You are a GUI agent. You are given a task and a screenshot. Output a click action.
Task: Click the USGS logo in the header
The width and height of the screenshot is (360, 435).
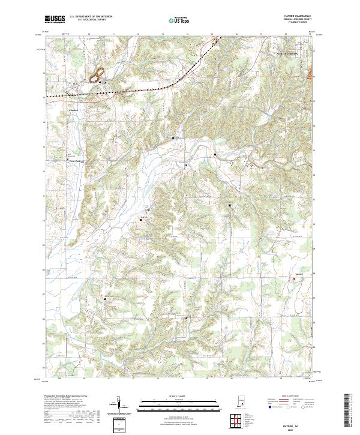[55, 19]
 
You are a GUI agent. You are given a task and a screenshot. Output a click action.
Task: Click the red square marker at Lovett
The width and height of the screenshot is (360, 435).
[293, 278]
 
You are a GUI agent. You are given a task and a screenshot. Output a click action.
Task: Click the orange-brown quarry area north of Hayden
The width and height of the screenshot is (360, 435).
[95, 76]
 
